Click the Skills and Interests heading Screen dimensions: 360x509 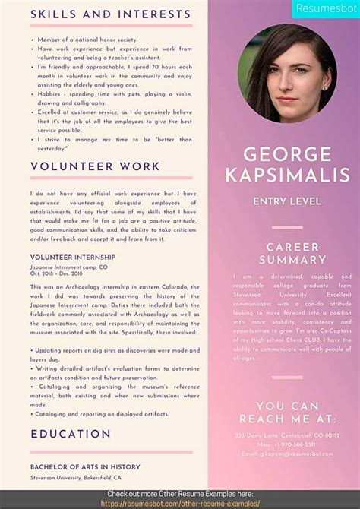pos(110,14)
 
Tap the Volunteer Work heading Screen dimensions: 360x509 pos(95,166)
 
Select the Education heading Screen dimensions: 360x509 pos(71,434)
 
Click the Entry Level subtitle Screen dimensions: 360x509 pos(287,201)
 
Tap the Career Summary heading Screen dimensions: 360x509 pos(287,254)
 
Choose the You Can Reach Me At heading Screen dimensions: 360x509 pos(287,413)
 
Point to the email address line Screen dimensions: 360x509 pos(287,454)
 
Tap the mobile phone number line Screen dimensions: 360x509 pos(287,444)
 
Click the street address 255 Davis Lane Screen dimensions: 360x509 pos(287,435)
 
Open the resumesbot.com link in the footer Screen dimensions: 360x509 pos(180,504)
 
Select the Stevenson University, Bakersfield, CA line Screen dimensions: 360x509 pos(75,478)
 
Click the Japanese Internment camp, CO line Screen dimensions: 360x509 pos(68,267)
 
